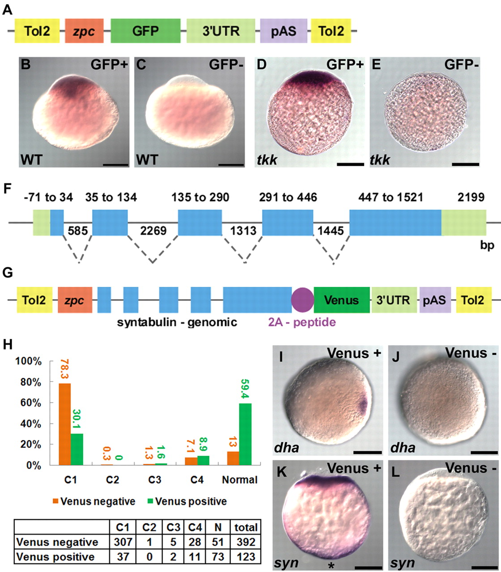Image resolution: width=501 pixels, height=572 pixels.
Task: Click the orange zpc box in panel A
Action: coord(84,31)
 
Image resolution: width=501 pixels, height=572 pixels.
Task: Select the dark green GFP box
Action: coord(145,31)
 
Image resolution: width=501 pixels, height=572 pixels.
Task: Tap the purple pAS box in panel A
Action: coord(284,31)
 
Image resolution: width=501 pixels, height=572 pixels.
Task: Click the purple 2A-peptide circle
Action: coord(302,300)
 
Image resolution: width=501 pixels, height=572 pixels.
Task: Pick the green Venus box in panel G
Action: coord(341,300)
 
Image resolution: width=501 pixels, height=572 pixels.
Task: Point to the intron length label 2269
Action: coord(153,231)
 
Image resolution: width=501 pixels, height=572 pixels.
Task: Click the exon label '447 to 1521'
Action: coord(391,197)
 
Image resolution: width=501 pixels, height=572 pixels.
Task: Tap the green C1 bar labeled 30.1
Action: coord(77,449)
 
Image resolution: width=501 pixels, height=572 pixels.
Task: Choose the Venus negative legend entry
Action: coord(94,501)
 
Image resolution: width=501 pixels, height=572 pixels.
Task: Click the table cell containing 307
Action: coord(123,542)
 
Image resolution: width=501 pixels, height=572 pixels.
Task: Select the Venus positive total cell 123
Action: coord(246,556)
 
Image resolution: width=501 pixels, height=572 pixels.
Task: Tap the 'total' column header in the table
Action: coord(246,527)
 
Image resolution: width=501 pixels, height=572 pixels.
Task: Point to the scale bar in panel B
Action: coord(115,164)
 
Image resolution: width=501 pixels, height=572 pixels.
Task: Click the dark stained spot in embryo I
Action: coord(361,406)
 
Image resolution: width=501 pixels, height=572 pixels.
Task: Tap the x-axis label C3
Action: coord(155,479)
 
